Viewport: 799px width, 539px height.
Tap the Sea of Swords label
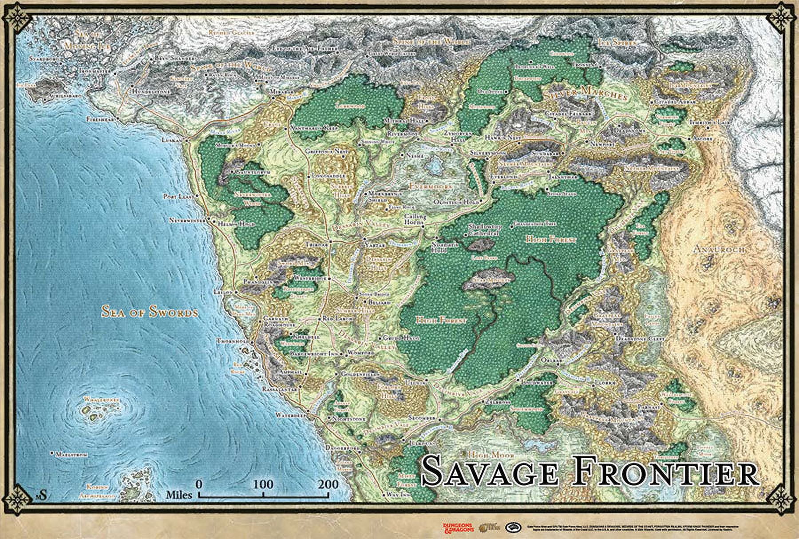tap(150, 312)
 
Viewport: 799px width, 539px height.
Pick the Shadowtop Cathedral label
tap(485, 230)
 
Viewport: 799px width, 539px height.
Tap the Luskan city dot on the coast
tap(186, 140)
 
